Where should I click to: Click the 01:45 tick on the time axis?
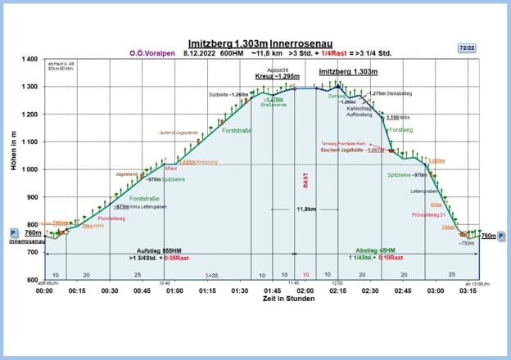point(272,290)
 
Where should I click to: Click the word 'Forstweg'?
point(400,129)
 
